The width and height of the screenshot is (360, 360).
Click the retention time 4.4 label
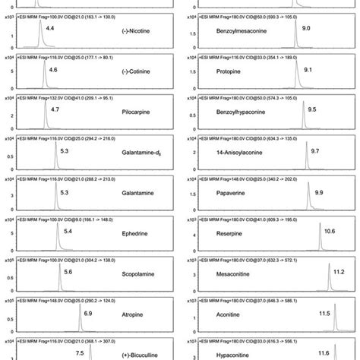click(50, 27)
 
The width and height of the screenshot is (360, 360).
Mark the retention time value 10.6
click(330, 231)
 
